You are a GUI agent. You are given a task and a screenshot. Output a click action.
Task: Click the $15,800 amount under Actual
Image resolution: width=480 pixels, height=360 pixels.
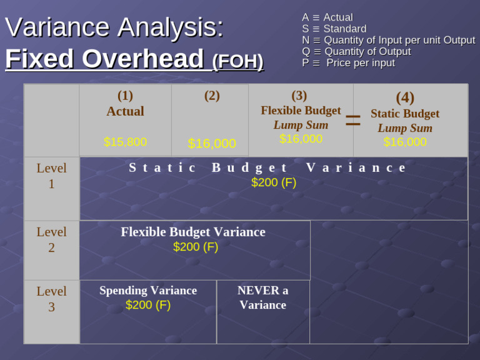(x=125, y=142)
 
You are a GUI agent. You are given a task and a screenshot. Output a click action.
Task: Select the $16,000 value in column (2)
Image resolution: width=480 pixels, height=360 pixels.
(x=212, y=143)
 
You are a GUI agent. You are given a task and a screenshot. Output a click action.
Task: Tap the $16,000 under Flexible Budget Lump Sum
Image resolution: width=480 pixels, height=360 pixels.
(x=301, y=139)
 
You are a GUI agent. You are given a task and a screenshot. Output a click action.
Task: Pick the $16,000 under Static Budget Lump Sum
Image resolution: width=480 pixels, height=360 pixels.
(x=405, y=142)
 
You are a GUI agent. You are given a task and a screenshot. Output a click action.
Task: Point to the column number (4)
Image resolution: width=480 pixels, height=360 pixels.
(x=405, y=97)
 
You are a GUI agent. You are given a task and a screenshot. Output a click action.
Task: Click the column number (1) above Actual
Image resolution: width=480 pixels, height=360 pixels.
(x=125, y=96)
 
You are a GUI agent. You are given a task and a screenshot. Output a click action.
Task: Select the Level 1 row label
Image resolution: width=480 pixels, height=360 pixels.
(x=51, y=176)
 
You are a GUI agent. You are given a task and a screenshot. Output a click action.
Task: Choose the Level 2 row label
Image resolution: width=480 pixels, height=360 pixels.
(x=51, y=239)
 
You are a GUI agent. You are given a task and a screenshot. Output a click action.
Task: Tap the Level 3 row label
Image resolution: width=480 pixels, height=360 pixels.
(x=51, y=299)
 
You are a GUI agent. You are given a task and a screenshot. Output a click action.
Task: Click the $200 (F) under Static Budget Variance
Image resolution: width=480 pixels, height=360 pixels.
(x=274, y=182)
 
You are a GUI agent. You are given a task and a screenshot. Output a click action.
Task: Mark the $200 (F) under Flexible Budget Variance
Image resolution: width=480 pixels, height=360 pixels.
(x=196, y=247)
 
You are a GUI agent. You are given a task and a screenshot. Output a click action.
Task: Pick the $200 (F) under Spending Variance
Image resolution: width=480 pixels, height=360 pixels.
(x=148, y=305)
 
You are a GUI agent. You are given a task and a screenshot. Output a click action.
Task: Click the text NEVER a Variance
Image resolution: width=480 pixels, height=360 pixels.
(x=262, y=297)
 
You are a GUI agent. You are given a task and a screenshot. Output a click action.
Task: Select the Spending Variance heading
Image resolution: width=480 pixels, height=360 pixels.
(x=148, y=291)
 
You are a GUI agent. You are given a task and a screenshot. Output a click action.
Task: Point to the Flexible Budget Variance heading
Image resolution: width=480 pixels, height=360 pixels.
(x=193, y=232)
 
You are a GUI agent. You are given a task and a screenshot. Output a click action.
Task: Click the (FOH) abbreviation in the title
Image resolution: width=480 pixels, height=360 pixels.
(x=237, y=61)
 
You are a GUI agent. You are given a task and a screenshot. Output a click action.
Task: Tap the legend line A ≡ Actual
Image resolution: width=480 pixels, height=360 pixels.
(x=327, y=17)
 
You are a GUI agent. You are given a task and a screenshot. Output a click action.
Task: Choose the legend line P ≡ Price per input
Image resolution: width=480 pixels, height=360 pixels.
(x=348, y=62)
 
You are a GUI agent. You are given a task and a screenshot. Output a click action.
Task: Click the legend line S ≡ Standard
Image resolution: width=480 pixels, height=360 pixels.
(x=334, y=29)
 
